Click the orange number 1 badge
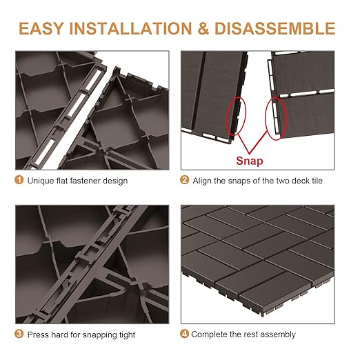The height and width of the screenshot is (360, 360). [19, 181]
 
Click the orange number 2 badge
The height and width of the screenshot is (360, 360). [184, 181]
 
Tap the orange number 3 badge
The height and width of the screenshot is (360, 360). [19, 334]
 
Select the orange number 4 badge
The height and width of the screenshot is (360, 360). [184, 334]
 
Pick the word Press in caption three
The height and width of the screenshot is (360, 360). [38, 334]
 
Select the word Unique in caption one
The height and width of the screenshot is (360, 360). [40, 181]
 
